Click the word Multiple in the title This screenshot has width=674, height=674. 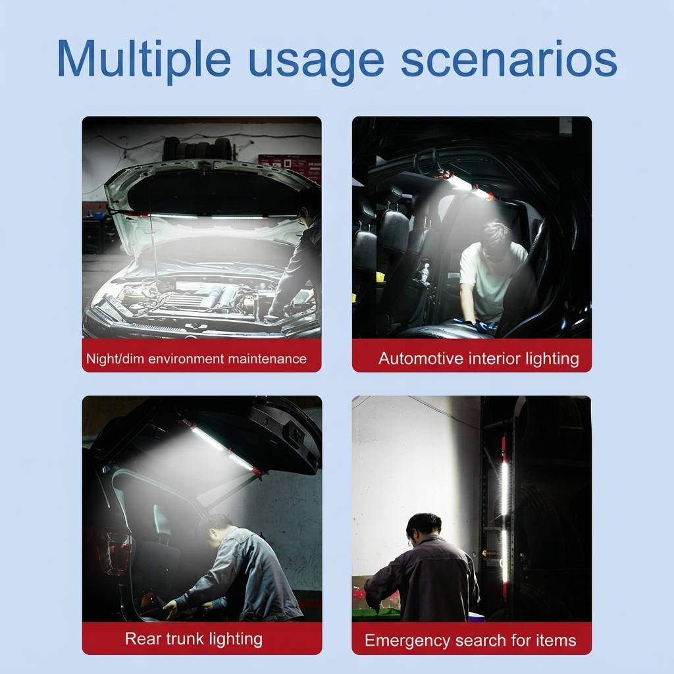coord(143,59)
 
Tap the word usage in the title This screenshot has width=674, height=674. coord(316,63)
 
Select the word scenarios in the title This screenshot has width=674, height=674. coord(509,59)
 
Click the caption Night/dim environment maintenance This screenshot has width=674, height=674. coord(196,359)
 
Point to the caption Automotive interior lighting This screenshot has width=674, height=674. coord(479,359)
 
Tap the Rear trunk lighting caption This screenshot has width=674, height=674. coord(194,638)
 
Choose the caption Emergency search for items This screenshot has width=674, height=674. coord(470,640)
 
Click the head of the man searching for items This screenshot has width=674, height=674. coord(424,529)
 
